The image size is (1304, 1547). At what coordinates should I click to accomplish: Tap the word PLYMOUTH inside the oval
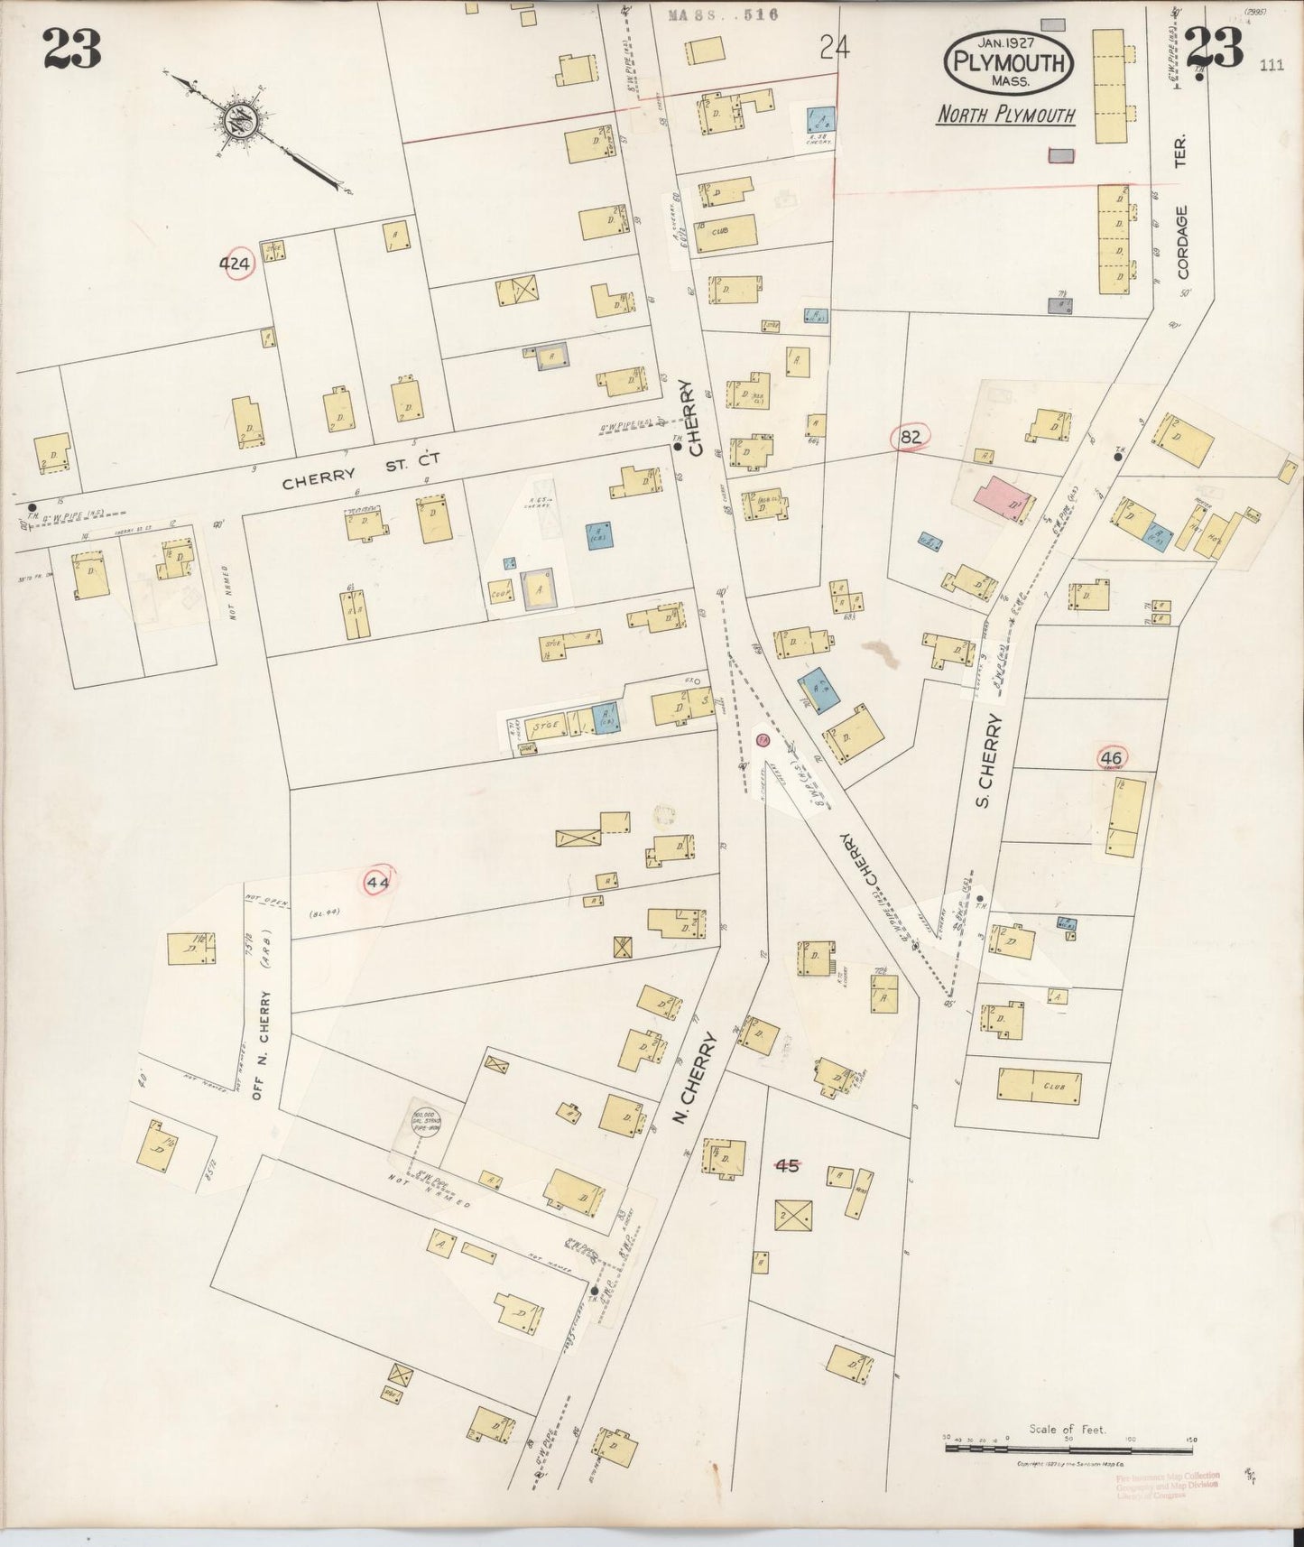click(x=1009, y=62)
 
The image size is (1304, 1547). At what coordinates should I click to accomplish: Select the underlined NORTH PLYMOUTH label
click(x=1005, y=116)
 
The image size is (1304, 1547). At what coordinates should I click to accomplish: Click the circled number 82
click(x=911, y=438)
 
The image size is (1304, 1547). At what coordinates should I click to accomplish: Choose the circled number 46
click(x=1111, y=758)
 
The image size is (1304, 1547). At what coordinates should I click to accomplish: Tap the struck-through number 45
click(x=788, y=1164)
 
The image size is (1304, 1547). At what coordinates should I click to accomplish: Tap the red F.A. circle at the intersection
click(x=763, y=741)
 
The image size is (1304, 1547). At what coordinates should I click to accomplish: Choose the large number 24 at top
click(x=835, y=48)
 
